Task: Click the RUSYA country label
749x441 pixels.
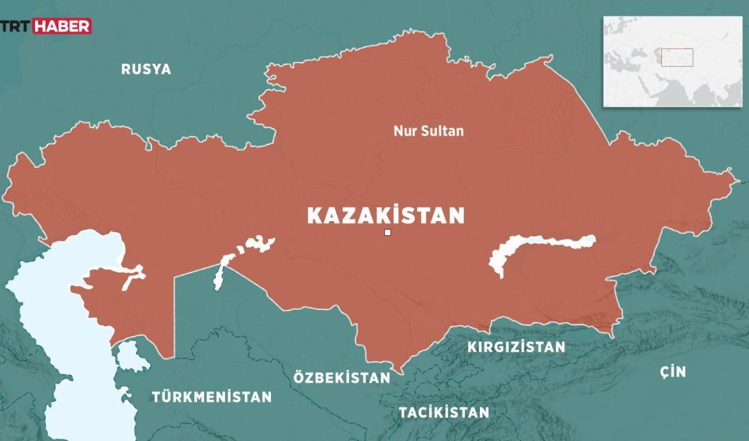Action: click(x=146, y=70)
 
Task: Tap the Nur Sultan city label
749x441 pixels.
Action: click(x=428, y=131)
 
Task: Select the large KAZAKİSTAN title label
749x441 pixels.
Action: click(x=386, y=216)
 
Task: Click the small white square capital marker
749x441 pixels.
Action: click(x=387, y=233)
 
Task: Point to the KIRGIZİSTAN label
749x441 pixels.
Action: click(x=516, y=347)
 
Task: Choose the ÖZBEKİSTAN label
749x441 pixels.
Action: click(x=342, y=378)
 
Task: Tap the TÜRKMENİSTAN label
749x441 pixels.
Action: click(x=212, y=397)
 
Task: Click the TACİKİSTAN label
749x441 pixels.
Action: click(x=444, y=412)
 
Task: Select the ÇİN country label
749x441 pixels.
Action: click(x=672, y=372)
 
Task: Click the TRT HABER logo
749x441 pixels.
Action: click(x=46, y=26)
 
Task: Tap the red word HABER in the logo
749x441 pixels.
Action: click(x=61, y=26)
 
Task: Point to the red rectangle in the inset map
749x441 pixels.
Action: click(x=677, y=57)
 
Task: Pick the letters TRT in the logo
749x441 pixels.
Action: click(x=18, y=26)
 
